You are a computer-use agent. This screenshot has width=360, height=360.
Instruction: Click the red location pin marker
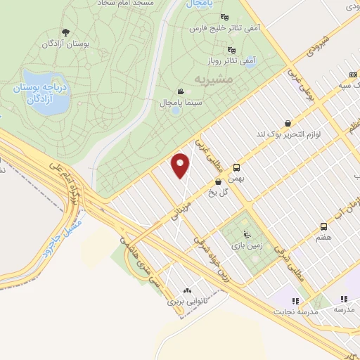coord(181,165)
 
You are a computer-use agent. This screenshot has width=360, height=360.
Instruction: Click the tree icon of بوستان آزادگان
coord(65,32)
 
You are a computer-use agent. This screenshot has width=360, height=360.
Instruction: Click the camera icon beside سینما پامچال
coord(181,91)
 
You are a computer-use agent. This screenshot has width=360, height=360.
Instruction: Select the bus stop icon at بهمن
coord(236,167)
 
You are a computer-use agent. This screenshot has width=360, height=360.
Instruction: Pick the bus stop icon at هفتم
coord(323,226)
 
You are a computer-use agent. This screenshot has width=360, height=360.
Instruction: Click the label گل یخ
coord(224,193)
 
